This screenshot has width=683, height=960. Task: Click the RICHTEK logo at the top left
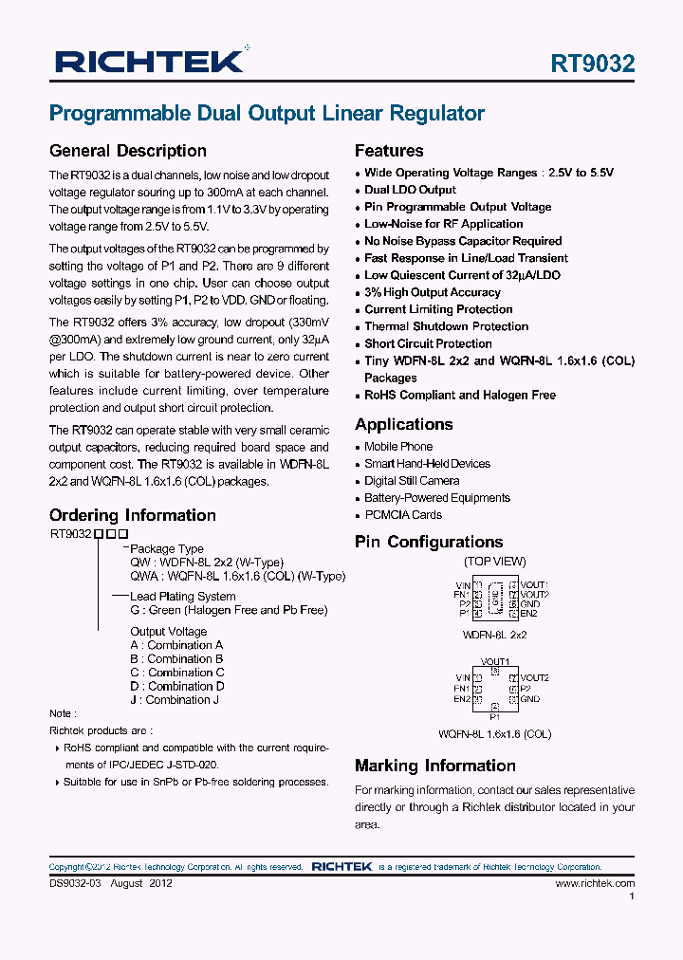coord(150,62)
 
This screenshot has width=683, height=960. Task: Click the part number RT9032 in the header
coord(593,64)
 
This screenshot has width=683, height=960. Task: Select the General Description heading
coord(127,151)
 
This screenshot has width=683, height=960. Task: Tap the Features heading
coord(389,151)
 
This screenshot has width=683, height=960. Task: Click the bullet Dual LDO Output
coord(410,190)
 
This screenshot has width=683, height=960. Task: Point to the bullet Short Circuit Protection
coord(428,343)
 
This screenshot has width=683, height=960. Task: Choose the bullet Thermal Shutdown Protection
coord(446,326)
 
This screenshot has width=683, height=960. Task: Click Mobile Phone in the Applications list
coord(398,447)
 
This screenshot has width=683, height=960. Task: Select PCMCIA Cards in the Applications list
coord(403,515)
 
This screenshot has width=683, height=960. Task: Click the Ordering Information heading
coord(133,515)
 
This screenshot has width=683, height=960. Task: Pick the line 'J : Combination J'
coord(175,700)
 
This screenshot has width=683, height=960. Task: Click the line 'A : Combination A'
coord(176,645)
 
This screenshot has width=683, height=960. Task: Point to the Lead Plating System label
coord(182,597)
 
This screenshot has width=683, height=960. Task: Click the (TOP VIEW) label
coord(494,562)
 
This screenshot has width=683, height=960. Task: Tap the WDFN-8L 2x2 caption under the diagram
coord(494,635)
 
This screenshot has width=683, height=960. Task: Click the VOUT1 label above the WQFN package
coord(494,661)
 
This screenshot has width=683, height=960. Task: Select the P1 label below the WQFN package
coord(494,718)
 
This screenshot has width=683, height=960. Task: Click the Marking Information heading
coord(434,766)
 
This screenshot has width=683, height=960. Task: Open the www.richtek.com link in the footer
coord(595,883)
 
